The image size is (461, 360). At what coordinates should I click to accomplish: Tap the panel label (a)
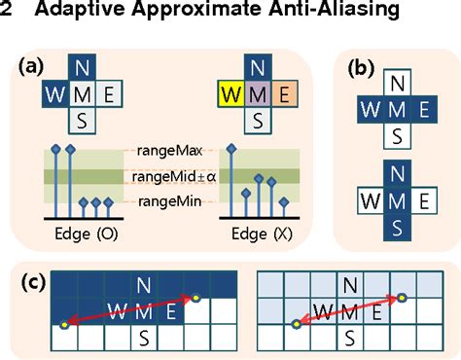[x=32, y=67]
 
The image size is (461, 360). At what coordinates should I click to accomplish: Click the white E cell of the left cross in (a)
[x=109, y=96]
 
